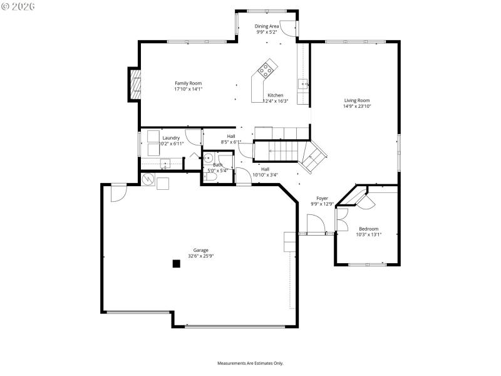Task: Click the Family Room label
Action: pos(188,83)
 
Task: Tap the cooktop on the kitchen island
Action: pos(267,68)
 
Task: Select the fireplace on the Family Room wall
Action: pos(134,83)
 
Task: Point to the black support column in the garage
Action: pos(177,264)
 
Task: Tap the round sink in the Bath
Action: pos(209,159)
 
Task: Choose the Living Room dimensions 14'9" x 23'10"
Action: pos(357,107)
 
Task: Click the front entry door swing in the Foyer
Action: pos(315,223)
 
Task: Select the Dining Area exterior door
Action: pos(287,28)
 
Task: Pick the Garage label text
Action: pos(200,250)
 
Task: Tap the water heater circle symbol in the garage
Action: pos(148,180)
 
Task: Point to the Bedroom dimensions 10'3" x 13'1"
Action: pos(368,234)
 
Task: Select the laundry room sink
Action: pos(165,164)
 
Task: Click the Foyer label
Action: pos(322,198)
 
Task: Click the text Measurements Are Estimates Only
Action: pos(250,363)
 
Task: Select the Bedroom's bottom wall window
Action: pos(367,264)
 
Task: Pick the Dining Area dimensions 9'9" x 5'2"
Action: pos(267,32)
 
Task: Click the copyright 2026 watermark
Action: pos(18,6)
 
